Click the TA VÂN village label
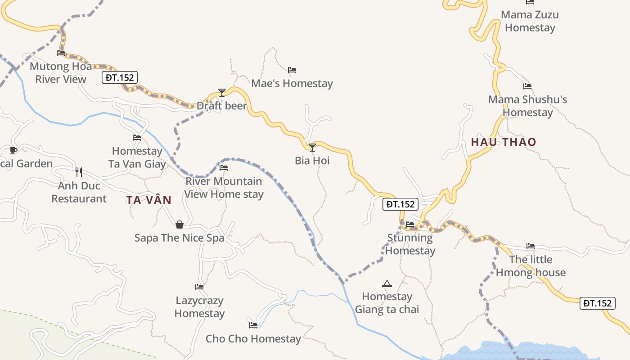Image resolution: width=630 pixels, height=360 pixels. tap(149, 200)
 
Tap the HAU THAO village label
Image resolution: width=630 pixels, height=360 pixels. tap(504, 142)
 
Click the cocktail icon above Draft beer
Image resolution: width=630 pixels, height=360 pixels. tap(221, 93)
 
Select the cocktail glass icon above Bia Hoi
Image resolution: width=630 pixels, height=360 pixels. tap(312, 147)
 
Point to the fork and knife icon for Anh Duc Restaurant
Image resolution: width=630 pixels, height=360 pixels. tap(79, 172)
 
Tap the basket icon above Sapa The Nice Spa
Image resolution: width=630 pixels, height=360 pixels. tap(180, 224)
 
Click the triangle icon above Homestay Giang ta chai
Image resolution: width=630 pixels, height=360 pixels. tap(387, 283)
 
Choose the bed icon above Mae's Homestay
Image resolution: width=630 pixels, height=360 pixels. tap(292, 70)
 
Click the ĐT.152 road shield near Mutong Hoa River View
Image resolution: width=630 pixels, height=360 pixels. tap(119, 77)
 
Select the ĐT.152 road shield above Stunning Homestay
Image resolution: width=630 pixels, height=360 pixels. tap(400, 204)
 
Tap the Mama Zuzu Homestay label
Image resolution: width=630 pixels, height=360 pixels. tap(530, 21)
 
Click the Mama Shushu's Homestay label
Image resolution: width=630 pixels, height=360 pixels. tap(527, 106)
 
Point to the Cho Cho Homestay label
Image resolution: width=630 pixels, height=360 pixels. tap(253, 339)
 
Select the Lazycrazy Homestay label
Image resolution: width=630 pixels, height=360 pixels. tap(200, 307)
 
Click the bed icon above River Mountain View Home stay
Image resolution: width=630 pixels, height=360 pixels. tap(224, 168)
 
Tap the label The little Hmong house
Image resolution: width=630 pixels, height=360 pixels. tap(531, 266)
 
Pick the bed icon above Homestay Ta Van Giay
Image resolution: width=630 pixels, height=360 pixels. tap(137, 138)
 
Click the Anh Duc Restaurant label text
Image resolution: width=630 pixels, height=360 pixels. tap(79, 192)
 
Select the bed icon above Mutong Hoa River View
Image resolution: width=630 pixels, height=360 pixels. tap(61, 53)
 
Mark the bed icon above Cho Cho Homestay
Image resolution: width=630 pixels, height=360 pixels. tap(253, 325)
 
